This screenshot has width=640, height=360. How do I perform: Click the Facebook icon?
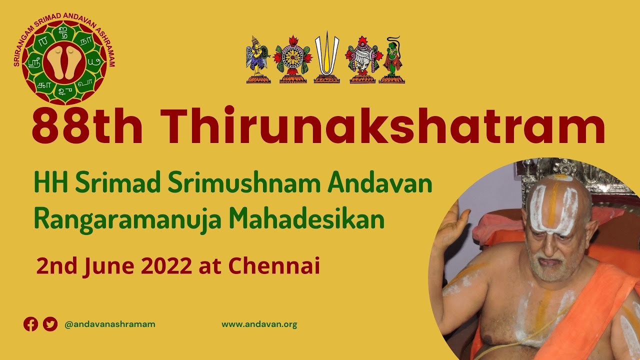[x=31, y=324]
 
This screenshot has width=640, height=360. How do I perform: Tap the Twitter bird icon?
[x=50, y=324]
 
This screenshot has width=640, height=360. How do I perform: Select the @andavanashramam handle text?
[x=110, y=324]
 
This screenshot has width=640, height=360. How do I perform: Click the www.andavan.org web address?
[x=259, y=324]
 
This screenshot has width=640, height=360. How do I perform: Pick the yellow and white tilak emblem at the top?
[x=326, y=57]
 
